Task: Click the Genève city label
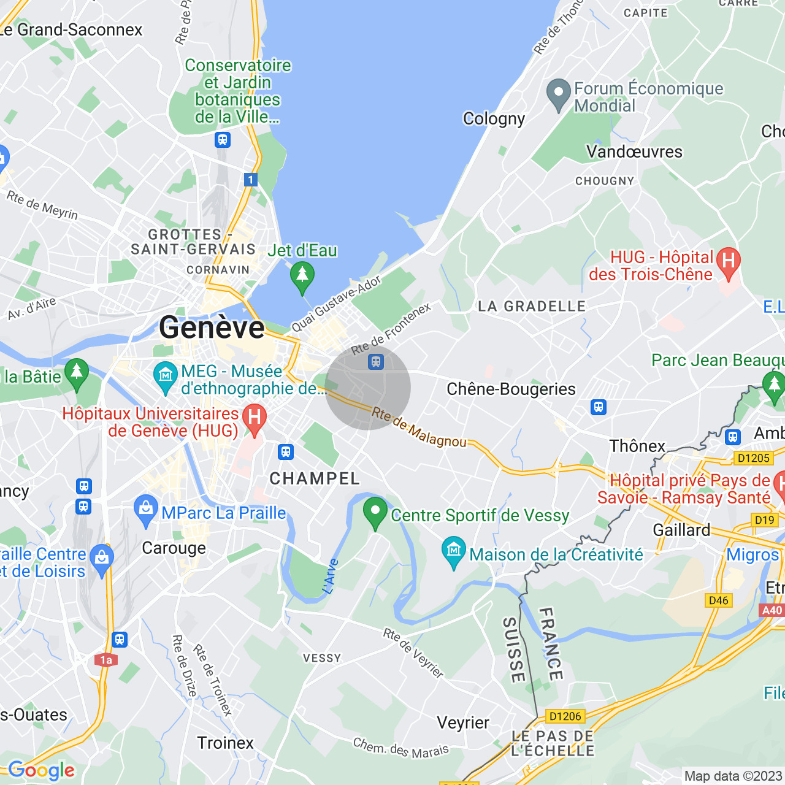tap(212, 327)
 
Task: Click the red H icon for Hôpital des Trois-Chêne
tap(728, 262)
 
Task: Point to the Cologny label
tap(494, 118)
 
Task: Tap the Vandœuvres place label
tap(634, 151)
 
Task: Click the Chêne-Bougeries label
tap(511, 389)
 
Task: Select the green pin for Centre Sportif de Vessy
tap(375, 512)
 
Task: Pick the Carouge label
tap(174, 548)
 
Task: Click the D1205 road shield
tap(753, 458)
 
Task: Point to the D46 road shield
tap(718, 600)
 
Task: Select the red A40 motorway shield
tap(772, 610)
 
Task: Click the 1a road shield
tap(106, 660)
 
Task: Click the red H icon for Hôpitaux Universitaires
tap(254, 419)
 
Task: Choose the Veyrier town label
tap(463, 722)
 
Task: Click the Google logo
tap(41, 770)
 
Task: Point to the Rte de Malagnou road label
tap(419, 428)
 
